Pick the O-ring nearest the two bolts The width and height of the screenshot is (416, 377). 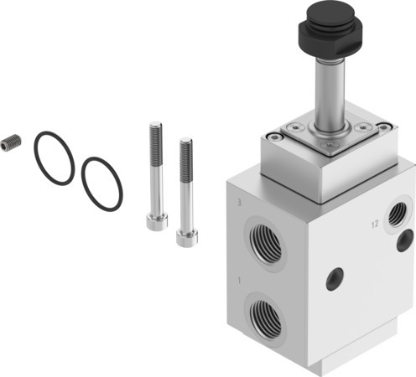coord(102,183)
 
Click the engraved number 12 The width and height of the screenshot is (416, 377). coord(378,223)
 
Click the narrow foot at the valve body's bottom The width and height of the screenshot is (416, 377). coord(319,365)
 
